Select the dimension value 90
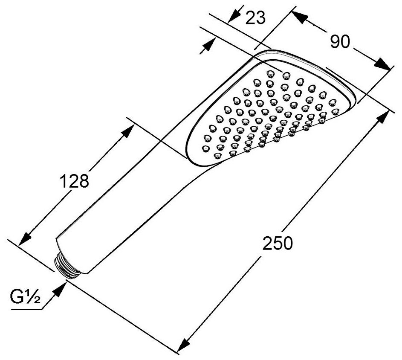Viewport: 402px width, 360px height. [x=340, y=41]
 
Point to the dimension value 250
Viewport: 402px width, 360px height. [x=277, y=244]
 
